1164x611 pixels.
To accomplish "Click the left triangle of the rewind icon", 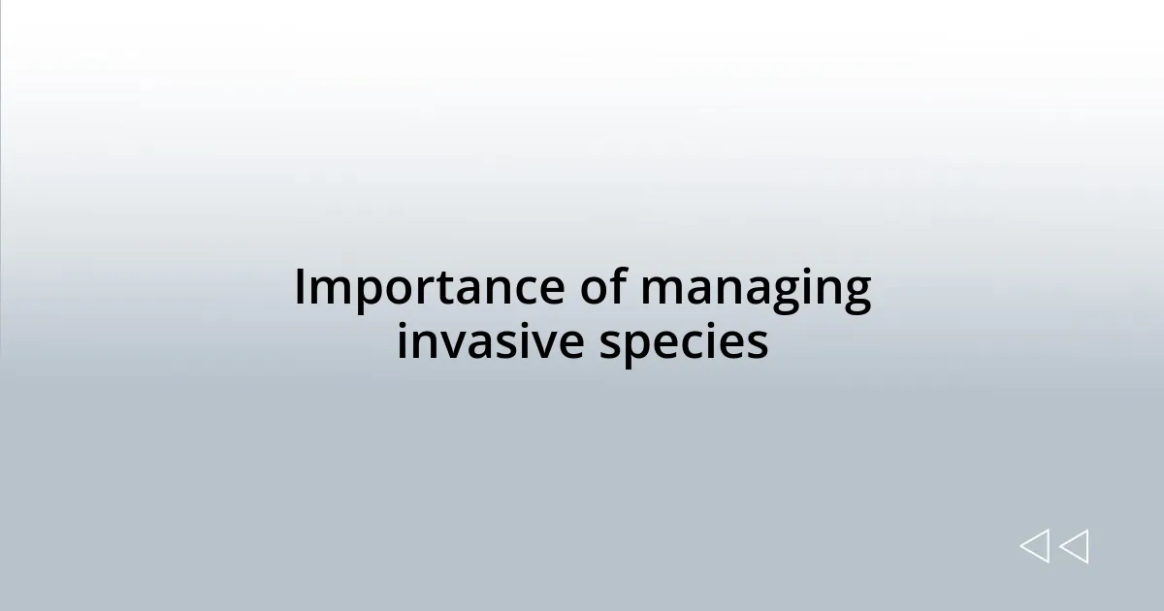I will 1035,547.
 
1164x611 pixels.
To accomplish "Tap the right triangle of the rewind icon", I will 1074,547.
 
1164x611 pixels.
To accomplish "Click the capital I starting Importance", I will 301,288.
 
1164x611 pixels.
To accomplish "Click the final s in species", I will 758,344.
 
